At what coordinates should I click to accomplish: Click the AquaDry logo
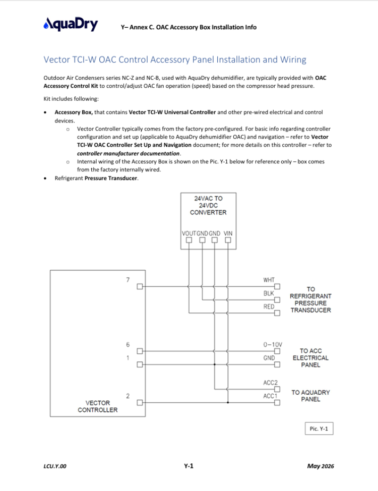tap(71, 24)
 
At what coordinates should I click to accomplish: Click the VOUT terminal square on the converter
tap(189, 240)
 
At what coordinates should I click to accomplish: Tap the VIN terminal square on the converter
tap(228, 240)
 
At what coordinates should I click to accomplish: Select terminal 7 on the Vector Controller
tap(140, 286)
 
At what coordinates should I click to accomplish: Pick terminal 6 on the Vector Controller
tap(140, 351)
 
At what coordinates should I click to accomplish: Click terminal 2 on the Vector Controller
tap(140, 402)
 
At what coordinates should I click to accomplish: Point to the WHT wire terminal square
tap(277, 286)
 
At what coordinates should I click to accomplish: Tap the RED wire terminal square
tap(277, 313)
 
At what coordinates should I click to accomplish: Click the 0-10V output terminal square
tap(277, 351)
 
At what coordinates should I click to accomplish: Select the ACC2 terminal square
tap(277, 389)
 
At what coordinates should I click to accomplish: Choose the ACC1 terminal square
tap(277, 403)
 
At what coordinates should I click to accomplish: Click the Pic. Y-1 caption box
tap(319, 428)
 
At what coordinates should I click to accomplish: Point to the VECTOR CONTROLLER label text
tap(98, 406)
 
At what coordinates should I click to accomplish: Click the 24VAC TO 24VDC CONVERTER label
tap(208, 205)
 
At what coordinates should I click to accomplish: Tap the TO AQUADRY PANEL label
tap(310, 396)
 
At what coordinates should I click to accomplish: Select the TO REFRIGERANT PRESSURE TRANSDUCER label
tap(310, 299)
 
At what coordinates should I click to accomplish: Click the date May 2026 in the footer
tap(321, 466)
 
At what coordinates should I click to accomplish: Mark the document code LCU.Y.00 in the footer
tap(55, 466)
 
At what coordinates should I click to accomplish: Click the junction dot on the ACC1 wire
tap(228, 402)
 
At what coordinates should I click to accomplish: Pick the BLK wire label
tap(269, 293)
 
